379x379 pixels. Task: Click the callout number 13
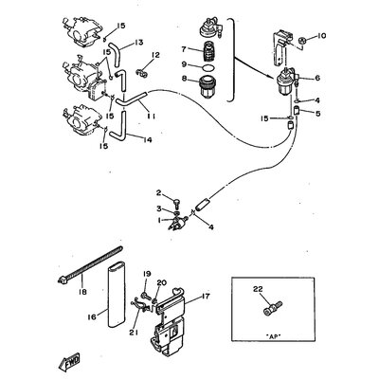click(138, 42)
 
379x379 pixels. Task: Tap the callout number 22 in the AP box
click(258, 289)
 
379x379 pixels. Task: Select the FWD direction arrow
click(69, 362)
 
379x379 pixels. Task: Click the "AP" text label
click(273, 335)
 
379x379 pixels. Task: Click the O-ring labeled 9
click(208, 67)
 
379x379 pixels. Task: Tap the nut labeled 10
click(302, 41)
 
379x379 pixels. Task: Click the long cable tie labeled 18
click(90, 263)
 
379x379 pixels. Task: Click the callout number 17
click(205, 297)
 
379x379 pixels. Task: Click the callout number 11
click(151, 117)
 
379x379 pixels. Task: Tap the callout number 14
click(147, 139)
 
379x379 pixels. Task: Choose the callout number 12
click(155, 55)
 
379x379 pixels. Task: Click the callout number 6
click(317, 78)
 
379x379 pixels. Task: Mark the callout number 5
click(317, 113)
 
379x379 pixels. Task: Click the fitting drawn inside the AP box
click(273, 308)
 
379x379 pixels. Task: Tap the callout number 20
click(161, 283)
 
